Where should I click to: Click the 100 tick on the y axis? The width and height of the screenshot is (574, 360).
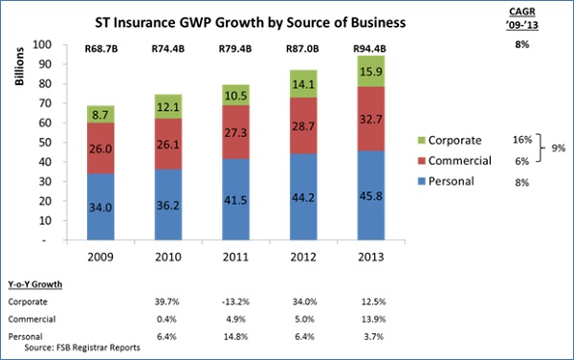click(x=40, y=45)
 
